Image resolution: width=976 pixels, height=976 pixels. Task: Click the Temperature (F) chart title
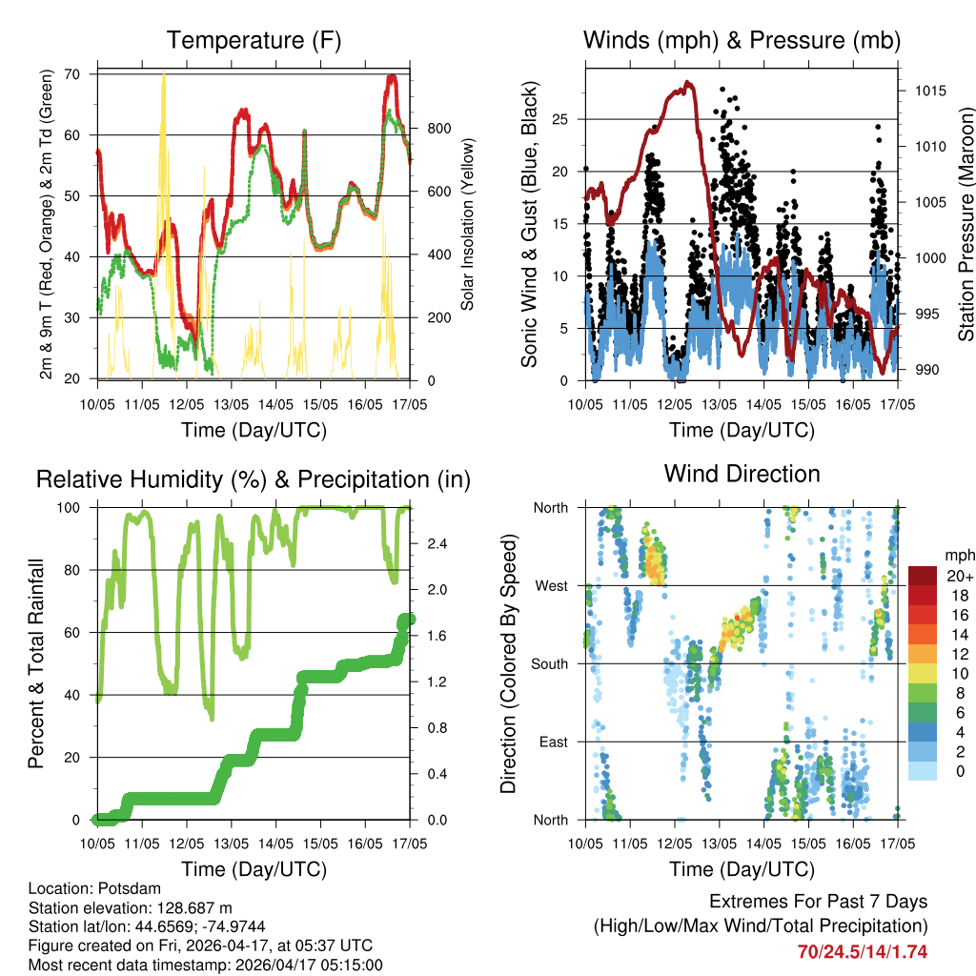254,40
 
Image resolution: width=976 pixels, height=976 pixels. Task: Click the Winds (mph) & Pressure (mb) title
742,40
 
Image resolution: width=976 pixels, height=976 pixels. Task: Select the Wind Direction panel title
742,473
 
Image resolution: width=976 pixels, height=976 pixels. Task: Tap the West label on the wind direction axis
551,585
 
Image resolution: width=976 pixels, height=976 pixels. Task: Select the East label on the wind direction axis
553,742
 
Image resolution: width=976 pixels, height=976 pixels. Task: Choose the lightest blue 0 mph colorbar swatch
923,770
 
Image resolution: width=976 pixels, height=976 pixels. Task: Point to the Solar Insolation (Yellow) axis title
468,225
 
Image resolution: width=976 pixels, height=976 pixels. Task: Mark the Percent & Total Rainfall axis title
37,663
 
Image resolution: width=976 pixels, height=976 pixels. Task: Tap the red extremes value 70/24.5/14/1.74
863,951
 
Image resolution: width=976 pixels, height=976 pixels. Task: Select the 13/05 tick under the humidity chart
232,844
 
